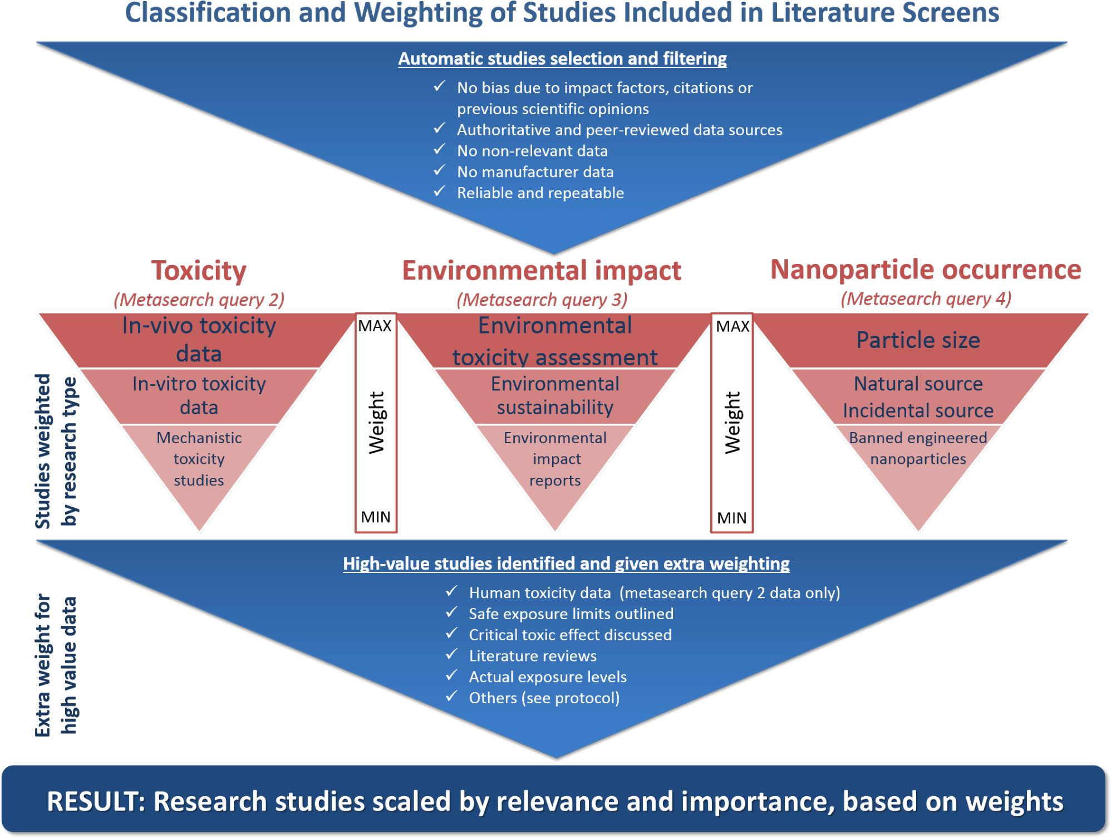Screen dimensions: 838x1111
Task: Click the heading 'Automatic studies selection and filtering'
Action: [x=562, y=58]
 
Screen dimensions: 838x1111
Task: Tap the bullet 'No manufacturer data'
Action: [x=535, y=172]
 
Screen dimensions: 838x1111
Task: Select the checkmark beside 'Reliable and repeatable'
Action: [x=440, y=192]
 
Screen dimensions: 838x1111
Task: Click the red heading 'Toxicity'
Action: [x=199, y=271]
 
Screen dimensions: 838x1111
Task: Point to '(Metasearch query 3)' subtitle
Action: [x=542, y=300]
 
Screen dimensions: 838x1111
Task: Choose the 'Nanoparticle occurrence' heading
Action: [x=925, y=270]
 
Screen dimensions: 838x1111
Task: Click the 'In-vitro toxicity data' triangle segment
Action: [x=199, y=396]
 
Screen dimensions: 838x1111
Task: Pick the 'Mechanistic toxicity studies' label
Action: [x=199, y=459]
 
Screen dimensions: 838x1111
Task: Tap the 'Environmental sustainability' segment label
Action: [x=555, y=396]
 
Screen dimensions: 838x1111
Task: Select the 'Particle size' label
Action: [x=918, y=340]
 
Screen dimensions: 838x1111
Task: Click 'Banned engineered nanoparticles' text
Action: [x=918, y=448]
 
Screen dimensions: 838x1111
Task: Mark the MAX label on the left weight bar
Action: [x=375, y=326]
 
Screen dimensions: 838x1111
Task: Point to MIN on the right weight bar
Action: [x=731, y=518]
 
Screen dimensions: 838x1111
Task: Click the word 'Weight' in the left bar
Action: [x=376, y=423]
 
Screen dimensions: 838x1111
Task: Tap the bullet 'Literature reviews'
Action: [x=532, y=656]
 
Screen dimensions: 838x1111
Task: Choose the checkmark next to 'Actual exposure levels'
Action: [x=451, y=675]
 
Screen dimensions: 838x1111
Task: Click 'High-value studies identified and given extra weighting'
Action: [x=566, y=564]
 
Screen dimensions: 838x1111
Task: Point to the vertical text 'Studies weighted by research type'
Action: [x=56, y=450]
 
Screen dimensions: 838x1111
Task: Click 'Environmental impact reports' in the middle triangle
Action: [x=555, y=459]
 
